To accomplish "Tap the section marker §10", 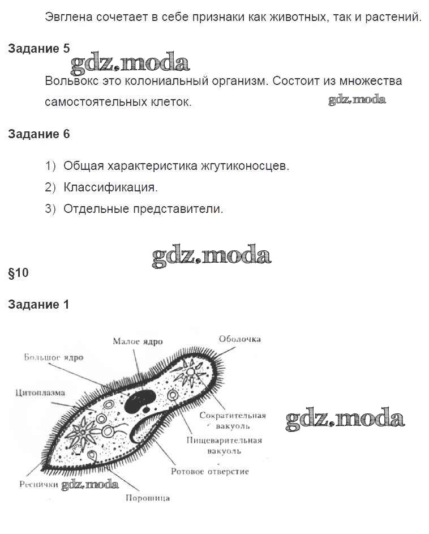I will pos(18,273).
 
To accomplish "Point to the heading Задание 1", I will pos(38,305).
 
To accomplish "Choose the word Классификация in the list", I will pos(110,187).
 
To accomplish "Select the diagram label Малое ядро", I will pos(138,341).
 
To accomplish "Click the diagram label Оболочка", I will pos(239,339).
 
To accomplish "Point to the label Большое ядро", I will pos(54,358).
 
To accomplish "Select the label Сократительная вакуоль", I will pos(232,420).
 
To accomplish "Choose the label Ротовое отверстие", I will pos(209,471).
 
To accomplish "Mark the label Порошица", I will pos(147,498).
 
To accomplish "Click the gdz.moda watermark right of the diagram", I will pos(345,420).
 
